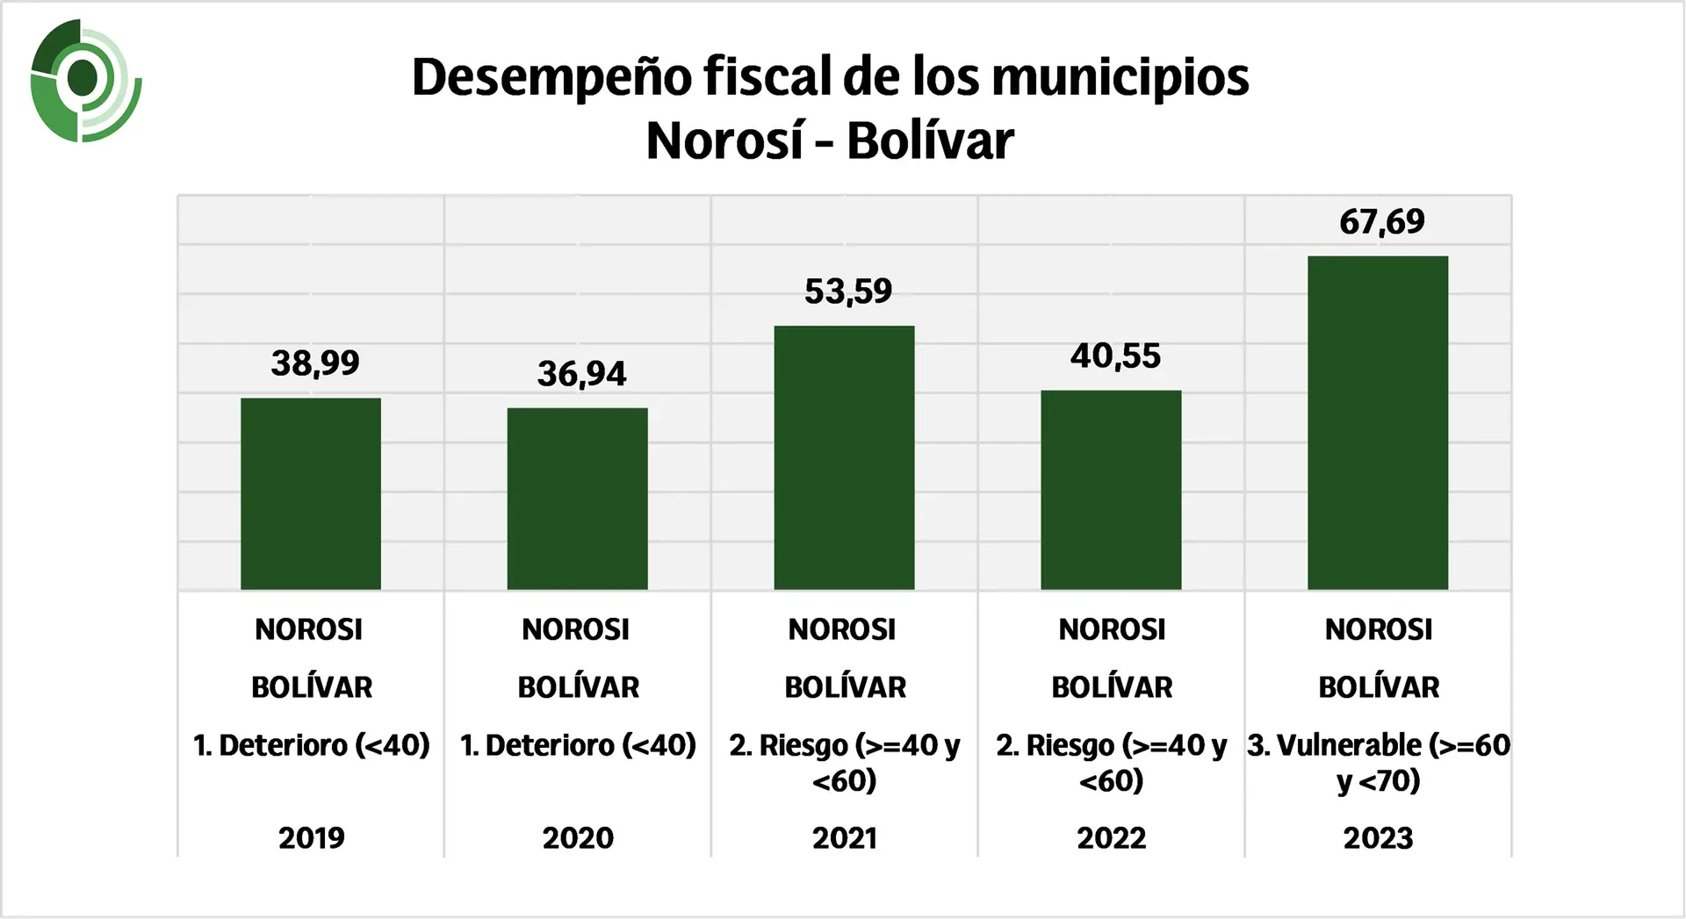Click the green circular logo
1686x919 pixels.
point(84,80)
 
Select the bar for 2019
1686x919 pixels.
point(311,493)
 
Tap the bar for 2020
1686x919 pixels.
point(577,499)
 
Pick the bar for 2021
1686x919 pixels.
point(844,457)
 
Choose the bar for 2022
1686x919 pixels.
point(1111,490)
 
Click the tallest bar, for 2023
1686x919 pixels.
point(1377,422)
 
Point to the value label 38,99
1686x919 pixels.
point(315,363)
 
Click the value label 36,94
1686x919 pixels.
point(581,375)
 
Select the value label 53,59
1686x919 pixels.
point(848,291)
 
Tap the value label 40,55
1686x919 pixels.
point(1115,356)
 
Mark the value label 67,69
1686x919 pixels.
point(1381,222)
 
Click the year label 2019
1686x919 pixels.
point(312,838)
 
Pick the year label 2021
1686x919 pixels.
point(845,838)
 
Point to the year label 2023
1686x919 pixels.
point(1378,838)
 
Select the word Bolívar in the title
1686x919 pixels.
point(930,140)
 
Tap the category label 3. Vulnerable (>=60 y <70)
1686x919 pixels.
point(1378,762)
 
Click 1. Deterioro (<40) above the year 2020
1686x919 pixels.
point(578,745)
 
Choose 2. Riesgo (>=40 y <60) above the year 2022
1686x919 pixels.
point(1111,762)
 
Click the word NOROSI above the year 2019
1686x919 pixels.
point(308,629)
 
